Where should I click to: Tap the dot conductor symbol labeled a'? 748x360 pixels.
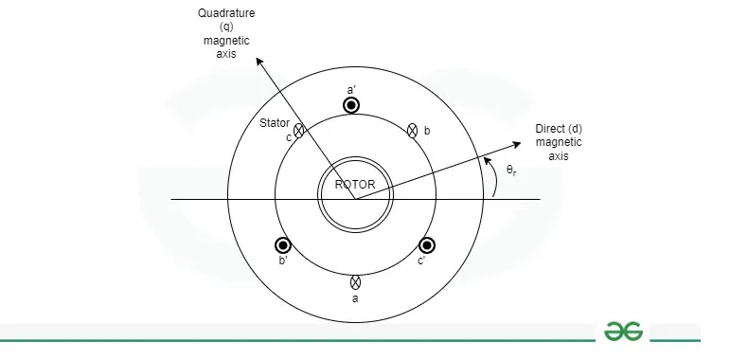pos(351,105)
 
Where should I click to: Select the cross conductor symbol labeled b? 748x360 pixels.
pos(412,131)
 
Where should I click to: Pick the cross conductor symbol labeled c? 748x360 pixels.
pos(299,131)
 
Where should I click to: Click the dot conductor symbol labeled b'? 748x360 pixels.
pos(282,245)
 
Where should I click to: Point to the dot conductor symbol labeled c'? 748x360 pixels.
pos(427,245)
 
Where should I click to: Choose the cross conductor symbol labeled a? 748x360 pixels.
pos(355,281)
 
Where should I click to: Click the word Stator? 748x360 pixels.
pos(275,123)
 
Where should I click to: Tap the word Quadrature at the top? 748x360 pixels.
pos(219,13)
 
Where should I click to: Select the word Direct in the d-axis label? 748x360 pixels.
pos(549,128)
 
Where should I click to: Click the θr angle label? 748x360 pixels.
pos(511,171)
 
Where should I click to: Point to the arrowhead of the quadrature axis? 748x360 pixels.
pos(258,63)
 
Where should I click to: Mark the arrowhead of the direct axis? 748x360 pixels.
pos(519,144)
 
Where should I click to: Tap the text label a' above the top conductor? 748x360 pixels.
pos(351,88)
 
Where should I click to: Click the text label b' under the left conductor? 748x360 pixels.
pos(282,261)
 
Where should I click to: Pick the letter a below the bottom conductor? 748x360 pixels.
pos(355,298)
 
